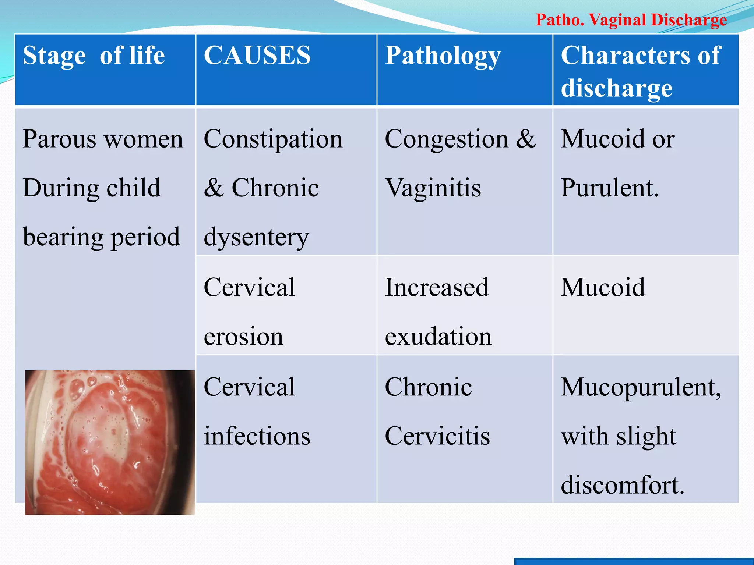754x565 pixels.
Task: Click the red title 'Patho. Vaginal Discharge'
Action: coord(631,20)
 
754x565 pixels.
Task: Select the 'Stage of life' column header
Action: coord(94,56)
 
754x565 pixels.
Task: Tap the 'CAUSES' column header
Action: coord(257,56)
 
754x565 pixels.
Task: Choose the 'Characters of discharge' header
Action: coord(641,72)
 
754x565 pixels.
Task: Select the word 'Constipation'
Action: coord(273,139)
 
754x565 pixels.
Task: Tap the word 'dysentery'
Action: coord(256,238)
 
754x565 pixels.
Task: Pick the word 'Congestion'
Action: coord(447,139)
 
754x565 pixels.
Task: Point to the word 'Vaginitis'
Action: coord(433,188)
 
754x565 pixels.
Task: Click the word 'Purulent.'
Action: coord(610,188)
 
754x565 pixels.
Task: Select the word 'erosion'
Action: coord(244,336)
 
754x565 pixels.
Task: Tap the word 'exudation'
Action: coord(438,336)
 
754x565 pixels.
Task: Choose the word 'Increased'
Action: coord(437,287)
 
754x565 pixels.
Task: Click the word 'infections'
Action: coord(257,436)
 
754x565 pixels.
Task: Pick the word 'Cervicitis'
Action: coord(437,436)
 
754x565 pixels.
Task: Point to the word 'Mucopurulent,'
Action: coord(641,388)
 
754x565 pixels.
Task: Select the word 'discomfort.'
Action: coord(623,485)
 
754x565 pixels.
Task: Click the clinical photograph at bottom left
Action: coord(110,442)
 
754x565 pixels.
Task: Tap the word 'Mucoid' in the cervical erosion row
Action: coord(603,287)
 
